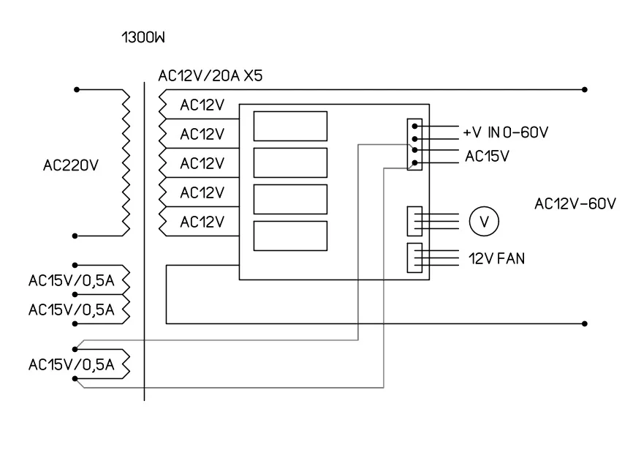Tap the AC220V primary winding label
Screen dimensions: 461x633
[71, 166]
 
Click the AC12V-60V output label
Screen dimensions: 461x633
[575, 205]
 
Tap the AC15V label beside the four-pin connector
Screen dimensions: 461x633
[487, 156]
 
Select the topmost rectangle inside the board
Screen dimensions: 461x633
[289, 126]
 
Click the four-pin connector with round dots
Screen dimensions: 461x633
[414, 144]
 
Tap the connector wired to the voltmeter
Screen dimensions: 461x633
[414, 220]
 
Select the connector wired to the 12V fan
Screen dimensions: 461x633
[414, 258]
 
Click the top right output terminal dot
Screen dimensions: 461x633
[585, 90]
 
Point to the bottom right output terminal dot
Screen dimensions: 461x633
[585, 323]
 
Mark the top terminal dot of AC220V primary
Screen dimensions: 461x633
[76, 90]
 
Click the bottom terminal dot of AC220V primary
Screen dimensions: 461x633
[76, 236]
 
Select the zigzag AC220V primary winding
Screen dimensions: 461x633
[124, 163]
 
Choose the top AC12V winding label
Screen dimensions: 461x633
[201, 105]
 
